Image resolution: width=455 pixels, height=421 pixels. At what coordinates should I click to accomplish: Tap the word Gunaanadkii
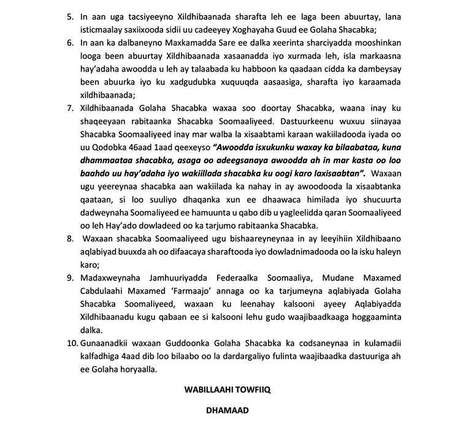tap(109, 347)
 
